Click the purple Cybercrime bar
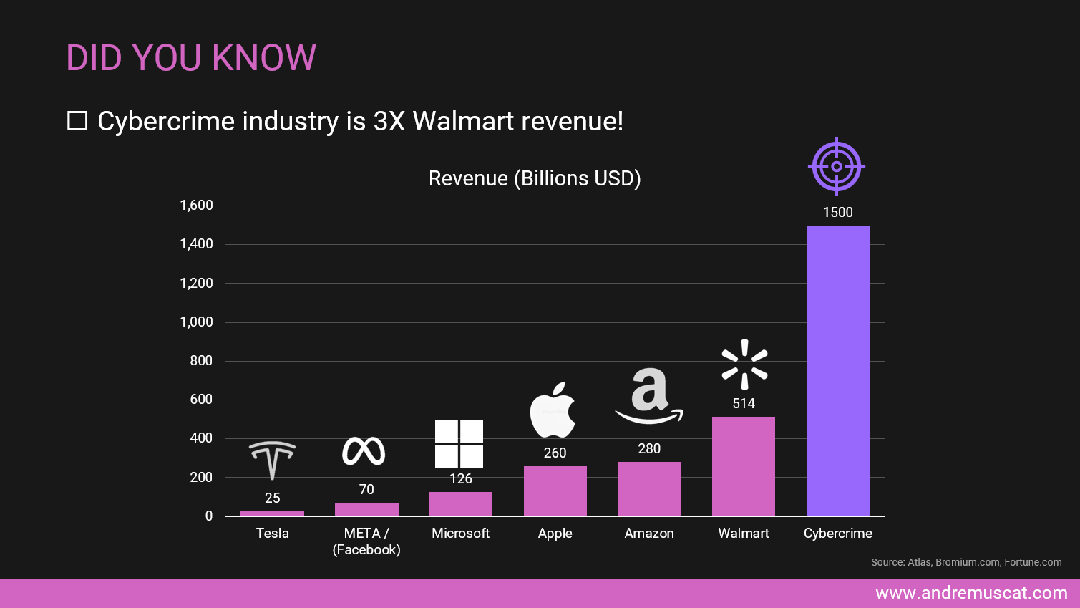837,371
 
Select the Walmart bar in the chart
743,466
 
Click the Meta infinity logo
364,451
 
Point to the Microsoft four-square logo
459,444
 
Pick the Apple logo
553,410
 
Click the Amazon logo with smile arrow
648,396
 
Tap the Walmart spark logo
744,365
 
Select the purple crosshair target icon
836,167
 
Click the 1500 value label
837,213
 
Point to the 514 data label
744,404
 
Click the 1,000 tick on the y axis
196,322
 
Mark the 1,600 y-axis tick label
196,206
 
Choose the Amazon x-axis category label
648,534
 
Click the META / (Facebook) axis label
366,541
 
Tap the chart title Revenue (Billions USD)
535,178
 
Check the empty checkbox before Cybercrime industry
77,121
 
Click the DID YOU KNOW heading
191,58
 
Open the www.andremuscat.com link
971,593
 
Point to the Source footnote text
965,562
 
